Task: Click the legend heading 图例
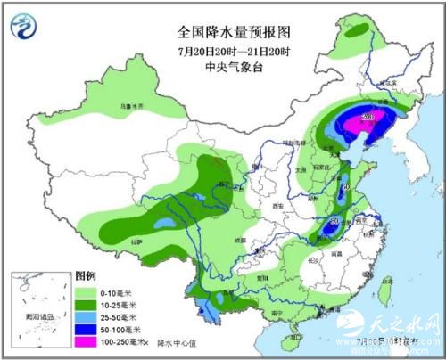click(x=86, y=275)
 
